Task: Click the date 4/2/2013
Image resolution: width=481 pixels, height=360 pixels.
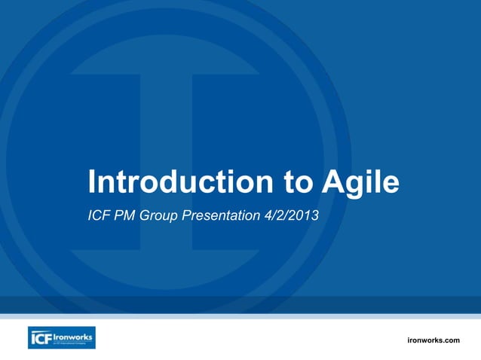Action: coord(291,217)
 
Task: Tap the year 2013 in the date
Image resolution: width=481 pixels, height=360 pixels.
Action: coord(305,217)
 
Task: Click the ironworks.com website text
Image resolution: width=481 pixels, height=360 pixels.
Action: coord(433,340)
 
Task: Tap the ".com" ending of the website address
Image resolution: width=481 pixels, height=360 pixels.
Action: coord(451,340)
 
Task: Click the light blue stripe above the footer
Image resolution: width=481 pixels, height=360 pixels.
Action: coord(240,316)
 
